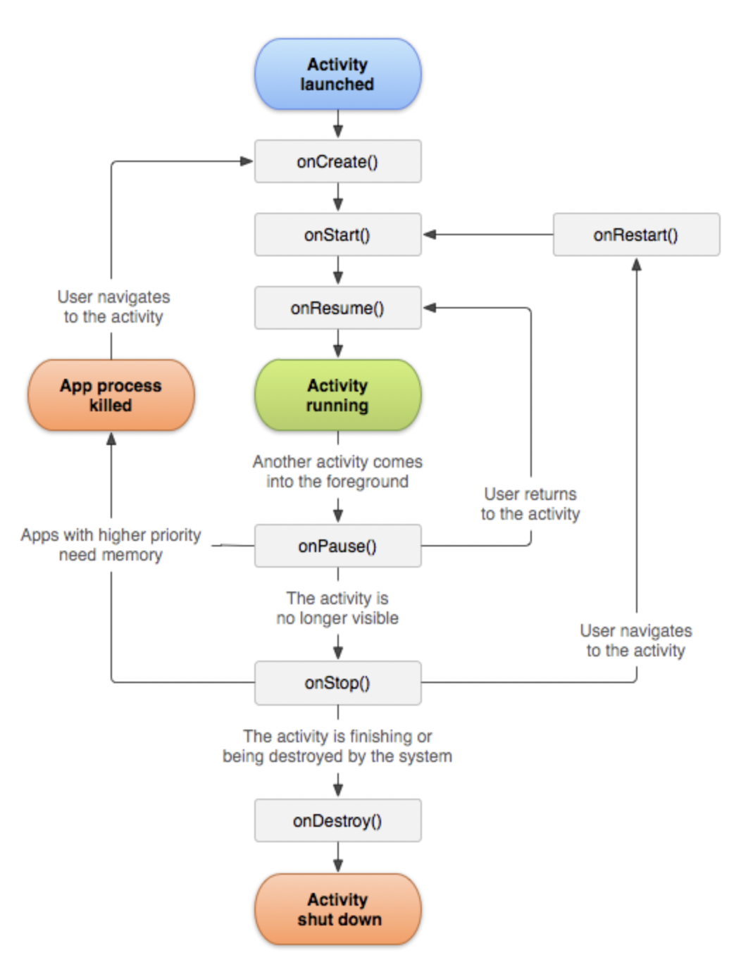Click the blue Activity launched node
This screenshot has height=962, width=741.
pyautogui.click(x=337, y=74)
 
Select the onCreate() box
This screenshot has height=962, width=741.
pyautogui.click(x=337, y=161)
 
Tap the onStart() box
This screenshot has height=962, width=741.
pyautogui.click(x=337, y=235)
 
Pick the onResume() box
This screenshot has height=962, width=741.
pyautogui.click(x=337, y=308)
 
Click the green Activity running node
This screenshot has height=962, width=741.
pyautogui.click(x=337, y=395)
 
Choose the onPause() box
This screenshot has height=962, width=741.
pyautogui.click(x=337, y=546)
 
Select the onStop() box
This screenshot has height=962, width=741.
pyautogui.click(x=337, y=682)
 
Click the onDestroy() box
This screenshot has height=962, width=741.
pyautogui.click(x=337, y=820)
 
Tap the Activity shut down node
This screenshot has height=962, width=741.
pyautogui.click(x=337, y=909)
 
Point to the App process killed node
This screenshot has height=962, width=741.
pyautogui.click(x=111, y=395)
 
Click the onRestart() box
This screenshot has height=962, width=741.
pyautogui.click(x=636, y=235)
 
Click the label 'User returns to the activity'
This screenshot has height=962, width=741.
pyautogui.click(x=530, y=504)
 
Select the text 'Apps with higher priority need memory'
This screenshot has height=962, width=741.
pyautogui.click(x=111, y=544)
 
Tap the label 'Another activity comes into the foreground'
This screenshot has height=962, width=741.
pyautogui.click(x=337, y=471)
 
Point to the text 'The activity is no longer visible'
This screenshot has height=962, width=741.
pyautogui.click(x=337, y=608)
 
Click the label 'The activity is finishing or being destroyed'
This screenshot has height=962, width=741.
pyautogui.click(x=337, y=746)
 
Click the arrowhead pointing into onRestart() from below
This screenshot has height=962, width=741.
pyautogui.click(x=636, y=265)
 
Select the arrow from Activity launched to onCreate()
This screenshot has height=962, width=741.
pyautogui.click(x=338, y=125)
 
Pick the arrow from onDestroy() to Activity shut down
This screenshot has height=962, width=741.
pyautogui.click(x=338, y=858)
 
